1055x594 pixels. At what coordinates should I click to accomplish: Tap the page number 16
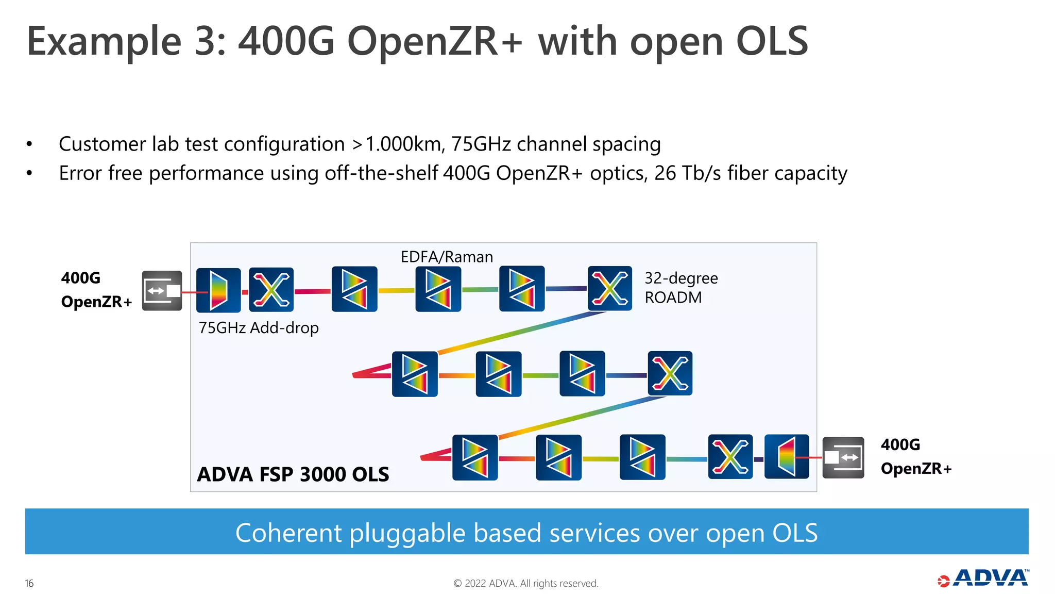pyautogui.click(x=29, y=583)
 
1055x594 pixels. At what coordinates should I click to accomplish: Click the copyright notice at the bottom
pyautogui.click(x=525, y=583)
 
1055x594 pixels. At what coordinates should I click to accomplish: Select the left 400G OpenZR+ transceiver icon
pyautogui.click(x=162, y=291)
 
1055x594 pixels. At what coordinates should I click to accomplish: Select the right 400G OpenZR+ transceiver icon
pyautogui.click(x=843, y=457)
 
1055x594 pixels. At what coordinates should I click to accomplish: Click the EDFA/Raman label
pyautogui.click(x=447, y=257)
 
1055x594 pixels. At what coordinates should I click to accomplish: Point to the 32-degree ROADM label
pyautogui.click(x=680, y=288)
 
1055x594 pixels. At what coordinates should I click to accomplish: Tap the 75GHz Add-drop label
pyautogui.click(x=259, y=328)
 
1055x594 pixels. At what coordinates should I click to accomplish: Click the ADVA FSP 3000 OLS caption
pyautogui.click(x=293, y=474)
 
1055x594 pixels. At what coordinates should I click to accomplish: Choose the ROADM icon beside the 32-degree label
pyautogui.click(x=610, y=289)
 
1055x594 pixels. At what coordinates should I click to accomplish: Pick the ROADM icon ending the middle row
pyautogui.click(x=670, y=373)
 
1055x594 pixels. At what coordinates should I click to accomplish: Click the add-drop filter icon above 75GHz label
pyautogui.click(x=218, y=290)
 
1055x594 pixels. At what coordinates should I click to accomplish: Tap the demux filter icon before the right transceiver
pyautogui.click(x=787, y=457)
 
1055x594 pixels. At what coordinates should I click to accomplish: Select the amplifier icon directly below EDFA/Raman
pyautogui.click(x=438, y=289)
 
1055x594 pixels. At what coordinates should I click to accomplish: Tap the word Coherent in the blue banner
pyautogui.click(x=288, y=533)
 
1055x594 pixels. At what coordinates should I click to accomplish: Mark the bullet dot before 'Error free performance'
pyautogui.click(x=29, y=174)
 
